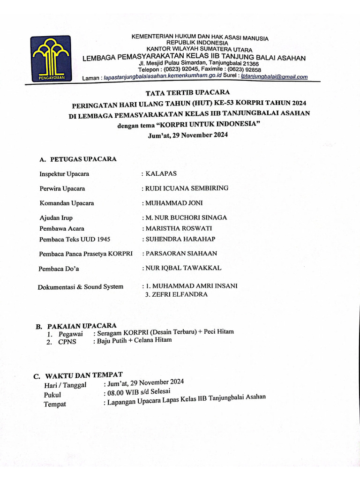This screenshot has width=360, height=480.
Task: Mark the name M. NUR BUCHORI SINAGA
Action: pyautogui.click(x=187, y=217)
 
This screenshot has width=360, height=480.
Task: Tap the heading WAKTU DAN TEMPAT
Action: pyautogui.click(x=82, y=375)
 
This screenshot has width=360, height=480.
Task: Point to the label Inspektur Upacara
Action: pyautogui.click(x=64, y=174)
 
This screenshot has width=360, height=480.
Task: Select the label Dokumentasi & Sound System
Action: pyautogui.click(x=81, y=287)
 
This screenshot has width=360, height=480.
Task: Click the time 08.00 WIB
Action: pyautogui.click(x=123, y=393)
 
